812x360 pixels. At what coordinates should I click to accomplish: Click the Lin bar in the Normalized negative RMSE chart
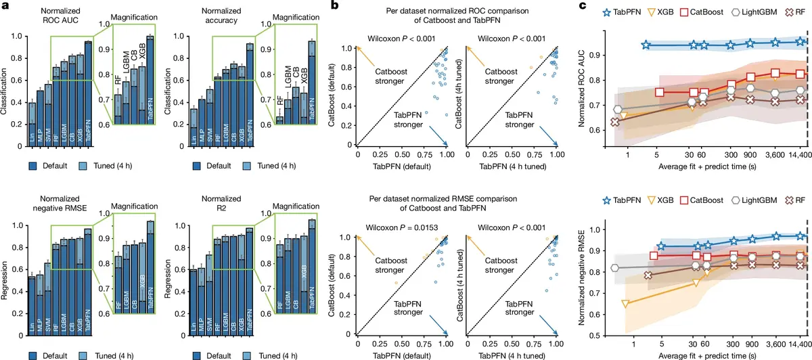pos(31,305)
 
